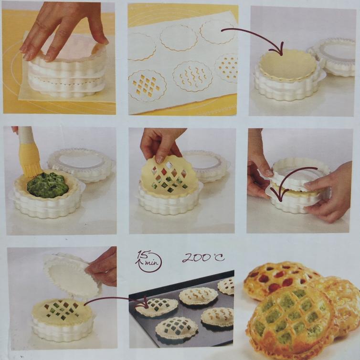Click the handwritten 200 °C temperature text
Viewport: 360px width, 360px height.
203,257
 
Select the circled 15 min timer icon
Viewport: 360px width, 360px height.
149,261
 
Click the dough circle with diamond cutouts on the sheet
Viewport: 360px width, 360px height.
147,86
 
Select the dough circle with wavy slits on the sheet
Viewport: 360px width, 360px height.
192,76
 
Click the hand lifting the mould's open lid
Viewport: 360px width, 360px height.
103,267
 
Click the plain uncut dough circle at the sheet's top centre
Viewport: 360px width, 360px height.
179,38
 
